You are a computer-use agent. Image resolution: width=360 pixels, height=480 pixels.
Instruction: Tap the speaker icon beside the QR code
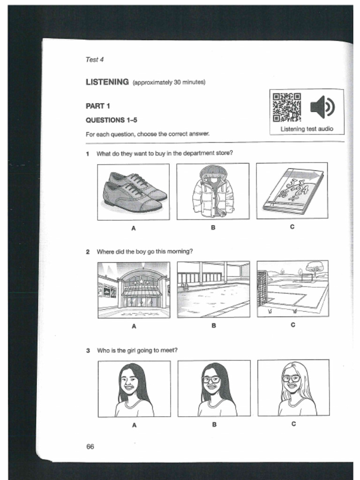[x=322, y=107]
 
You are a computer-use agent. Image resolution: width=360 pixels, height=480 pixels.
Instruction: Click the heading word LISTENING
[x=107, y=82]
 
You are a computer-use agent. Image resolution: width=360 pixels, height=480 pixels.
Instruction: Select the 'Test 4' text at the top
[x=94, y=60]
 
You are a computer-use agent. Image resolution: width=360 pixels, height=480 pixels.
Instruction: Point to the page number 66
[x=90, y=446]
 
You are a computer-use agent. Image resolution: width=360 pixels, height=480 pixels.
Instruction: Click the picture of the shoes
[x=134, y=192]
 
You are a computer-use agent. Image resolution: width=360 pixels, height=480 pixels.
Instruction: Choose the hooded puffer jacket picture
[x=213, y=191]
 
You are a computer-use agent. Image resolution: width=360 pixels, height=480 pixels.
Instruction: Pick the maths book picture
[x=292, y=191]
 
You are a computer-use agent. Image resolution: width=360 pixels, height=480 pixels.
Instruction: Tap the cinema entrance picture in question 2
[x=134, y=290]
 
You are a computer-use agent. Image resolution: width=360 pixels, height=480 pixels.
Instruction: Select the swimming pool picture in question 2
[x=213, y=290]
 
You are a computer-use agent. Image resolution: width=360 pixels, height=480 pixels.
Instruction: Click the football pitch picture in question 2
[x=292, y=289]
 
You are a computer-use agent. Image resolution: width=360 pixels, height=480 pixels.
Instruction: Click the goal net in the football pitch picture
[x=262, y=288]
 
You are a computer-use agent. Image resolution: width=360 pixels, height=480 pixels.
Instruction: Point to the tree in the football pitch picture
[x=315, y=268]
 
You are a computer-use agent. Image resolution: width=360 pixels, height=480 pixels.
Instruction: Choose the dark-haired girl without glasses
[x=134, y=388]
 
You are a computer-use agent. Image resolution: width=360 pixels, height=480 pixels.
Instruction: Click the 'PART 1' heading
[x=97, y=106]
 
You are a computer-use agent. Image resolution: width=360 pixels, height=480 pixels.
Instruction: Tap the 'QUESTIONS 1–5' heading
[x=111, y=120]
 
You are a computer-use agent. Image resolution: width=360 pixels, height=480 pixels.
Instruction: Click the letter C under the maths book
[x=292, y=227]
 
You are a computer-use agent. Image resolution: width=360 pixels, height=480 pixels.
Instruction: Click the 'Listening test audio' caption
[x=307, y=129]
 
